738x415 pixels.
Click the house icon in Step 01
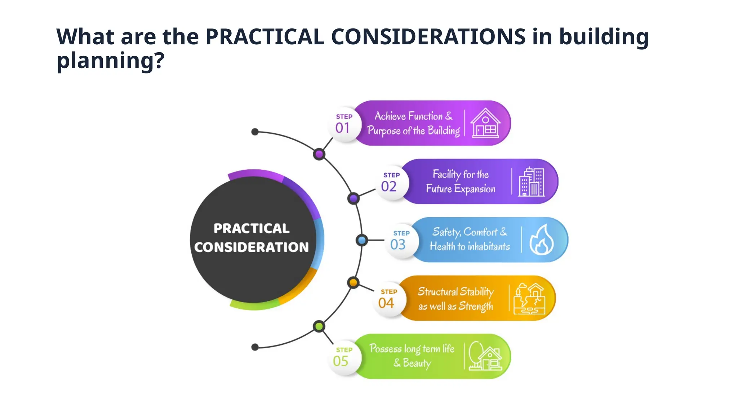[485, 123]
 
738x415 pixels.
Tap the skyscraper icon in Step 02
[532, 182]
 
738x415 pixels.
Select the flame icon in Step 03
[542, 240]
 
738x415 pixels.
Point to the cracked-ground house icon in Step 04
[529, 299]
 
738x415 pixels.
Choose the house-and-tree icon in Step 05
[485, 356]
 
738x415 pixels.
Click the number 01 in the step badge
[342, 128]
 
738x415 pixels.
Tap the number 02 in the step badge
[389, 187]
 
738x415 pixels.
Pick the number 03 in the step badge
[398, 245]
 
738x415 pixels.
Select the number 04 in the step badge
[386, 303]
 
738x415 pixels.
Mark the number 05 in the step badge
[341, 361]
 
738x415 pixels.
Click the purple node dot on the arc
[319, 155]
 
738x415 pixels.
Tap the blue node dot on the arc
[362, 240]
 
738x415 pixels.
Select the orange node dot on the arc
[354, 283]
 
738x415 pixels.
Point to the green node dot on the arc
[319, 326]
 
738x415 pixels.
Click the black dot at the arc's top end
[255, 132]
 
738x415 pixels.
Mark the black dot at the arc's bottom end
[255, 347]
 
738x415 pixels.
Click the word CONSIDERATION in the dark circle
[252, 247]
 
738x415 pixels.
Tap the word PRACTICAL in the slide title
[265, 37]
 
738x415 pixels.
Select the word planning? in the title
[111, 61]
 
